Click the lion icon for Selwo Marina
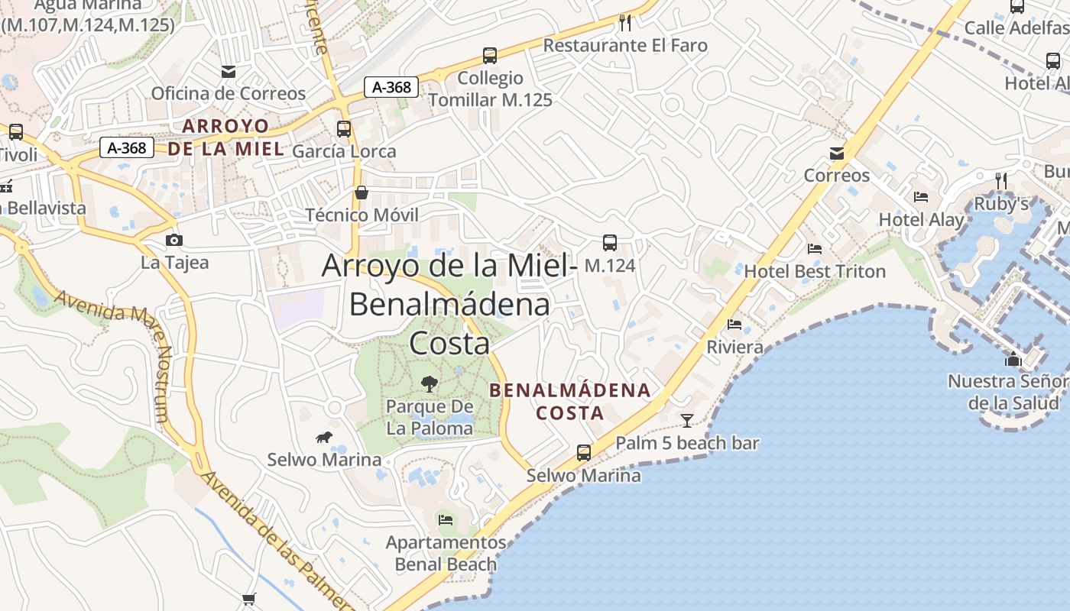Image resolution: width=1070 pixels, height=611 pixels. click(324, 438)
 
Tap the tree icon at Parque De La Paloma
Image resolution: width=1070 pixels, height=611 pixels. click(430, 383)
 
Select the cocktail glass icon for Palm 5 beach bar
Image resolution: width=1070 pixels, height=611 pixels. click(686, 420)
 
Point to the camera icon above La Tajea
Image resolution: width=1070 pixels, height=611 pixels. click(174, 241)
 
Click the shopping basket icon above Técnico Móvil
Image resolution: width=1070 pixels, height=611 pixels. click(362, 192)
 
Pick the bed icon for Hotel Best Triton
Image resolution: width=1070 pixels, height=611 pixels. click(815, 249)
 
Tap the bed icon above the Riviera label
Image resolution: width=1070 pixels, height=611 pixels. click(734, 325)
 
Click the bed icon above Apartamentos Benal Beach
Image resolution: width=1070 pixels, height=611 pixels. click(446, 520)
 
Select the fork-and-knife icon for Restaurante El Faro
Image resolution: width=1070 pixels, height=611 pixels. click(625, 22)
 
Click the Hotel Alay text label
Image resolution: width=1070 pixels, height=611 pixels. click(921, 220)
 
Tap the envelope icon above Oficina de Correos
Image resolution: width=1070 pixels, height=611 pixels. click(228, 72)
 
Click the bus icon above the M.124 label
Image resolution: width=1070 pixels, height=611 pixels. click(609, 243)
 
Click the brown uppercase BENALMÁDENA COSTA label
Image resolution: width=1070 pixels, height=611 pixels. click(570, 402)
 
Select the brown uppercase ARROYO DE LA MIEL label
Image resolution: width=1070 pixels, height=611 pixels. click(225, 137)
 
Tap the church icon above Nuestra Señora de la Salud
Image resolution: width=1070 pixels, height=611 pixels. click(1013, 359)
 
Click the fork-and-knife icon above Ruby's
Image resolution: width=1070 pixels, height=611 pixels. click(1000, 181)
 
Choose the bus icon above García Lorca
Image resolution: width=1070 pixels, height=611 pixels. click(344, 129)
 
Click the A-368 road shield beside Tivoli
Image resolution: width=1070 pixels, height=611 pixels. click(127, 147)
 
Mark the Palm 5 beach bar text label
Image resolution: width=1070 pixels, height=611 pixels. click(687, 443)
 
